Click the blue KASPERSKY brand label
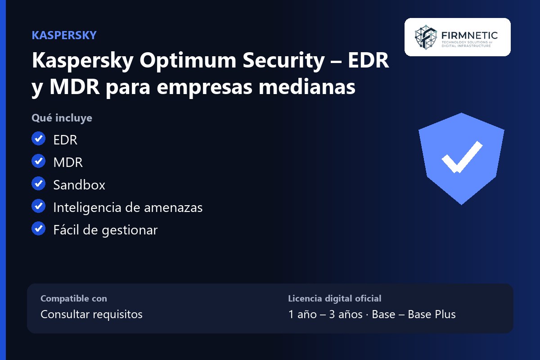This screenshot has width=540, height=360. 64,35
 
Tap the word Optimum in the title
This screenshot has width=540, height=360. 188,60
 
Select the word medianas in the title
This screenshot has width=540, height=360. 307,86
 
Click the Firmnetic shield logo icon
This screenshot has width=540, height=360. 426,37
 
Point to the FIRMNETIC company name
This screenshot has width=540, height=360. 469,36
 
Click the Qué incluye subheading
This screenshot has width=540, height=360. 62,118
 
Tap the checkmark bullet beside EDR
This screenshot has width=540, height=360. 39,139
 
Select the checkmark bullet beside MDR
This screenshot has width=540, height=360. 39,161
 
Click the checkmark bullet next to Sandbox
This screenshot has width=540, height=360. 39,184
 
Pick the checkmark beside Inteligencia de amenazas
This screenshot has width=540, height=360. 39,206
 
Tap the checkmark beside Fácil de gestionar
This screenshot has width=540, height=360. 39,228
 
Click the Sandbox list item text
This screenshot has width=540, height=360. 79,185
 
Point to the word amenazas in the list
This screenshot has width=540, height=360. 173,208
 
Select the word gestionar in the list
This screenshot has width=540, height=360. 130,230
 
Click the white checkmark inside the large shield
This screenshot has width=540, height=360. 462,157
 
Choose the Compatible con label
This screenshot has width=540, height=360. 74,298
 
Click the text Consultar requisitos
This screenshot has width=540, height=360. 92,315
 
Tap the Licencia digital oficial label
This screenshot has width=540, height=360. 335,298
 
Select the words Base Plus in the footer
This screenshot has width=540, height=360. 432,315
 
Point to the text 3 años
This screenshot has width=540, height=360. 346,315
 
